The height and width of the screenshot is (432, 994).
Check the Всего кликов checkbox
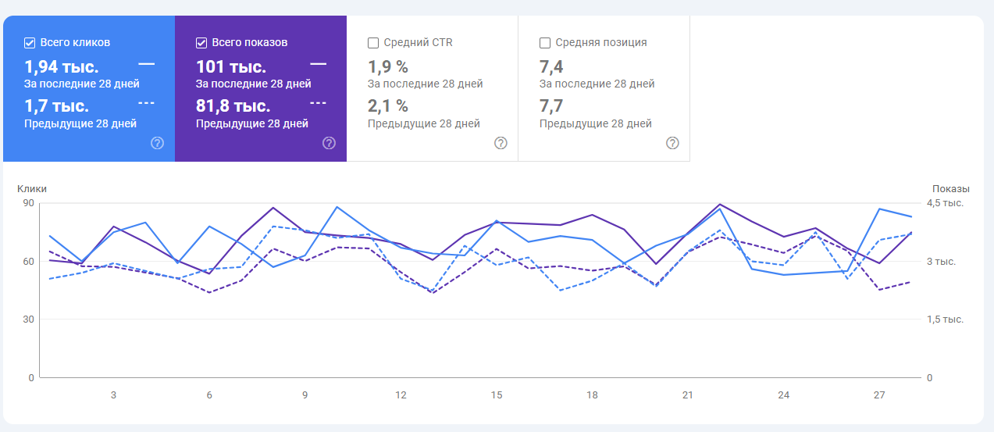click(x=30, y=43)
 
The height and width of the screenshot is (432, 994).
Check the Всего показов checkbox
click(x=201, y=43)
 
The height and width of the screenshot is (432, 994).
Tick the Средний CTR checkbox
click(x=373, y=43)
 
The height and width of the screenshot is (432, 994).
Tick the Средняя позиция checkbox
click(x=545, y=43)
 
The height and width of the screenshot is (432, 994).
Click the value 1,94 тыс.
click(x=62, y=66)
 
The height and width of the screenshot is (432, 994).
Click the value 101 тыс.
click(x=231, y=66)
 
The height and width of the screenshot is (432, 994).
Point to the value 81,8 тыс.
click(x=233, y=105)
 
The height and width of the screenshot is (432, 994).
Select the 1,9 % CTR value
click(x=388, y=66)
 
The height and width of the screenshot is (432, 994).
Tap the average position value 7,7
click(x=551, y=105)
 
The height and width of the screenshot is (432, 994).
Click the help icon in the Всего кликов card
click(x=157, y=143)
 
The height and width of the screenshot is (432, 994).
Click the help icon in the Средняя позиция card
click(x=672, y=143)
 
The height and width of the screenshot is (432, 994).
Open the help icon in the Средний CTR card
click(x=501, y=143)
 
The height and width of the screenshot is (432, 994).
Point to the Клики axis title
click(x=32, y=188)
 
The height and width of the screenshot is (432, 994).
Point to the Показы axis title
click(x=950, y=188)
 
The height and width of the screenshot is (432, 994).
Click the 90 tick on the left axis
click(x=28, y=203)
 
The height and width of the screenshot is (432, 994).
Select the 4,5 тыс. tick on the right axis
click(x=945, y=203)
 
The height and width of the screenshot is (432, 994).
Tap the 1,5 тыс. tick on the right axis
click(x=945, y=320)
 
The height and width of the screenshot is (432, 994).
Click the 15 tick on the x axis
click(x=497, y=395)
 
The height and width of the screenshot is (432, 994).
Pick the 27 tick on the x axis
click(x=879, y=395)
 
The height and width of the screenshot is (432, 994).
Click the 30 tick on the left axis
click(x=28, y=320)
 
